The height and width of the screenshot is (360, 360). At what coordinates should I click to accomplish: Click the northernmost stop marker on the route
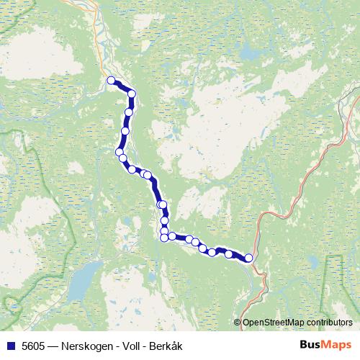[111, 81]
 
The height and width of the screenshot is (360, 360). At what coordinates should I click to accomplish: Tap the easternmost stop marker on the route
[249, 258]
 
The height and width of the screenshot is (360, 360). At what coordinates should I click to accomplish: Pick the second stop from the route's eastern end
[229, 254]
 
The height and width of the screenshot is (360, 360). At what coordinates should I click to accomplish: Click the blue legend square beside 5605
[10, 346]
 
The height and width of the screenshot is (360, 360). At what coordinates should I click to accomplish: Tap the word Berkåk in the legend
[166, 346]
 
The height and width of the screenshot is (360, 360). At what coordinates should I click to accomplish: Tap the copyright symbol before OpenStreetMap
[238, 323]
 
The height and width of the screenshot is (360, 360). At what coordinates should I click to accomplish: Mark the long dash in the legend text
[55, 346]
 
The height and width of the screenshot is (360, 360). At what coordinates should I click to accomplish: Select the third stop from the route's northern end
[130, 112]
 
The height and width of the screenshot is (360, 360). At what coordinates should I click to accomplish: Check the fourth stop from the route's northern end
[125, 131]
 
